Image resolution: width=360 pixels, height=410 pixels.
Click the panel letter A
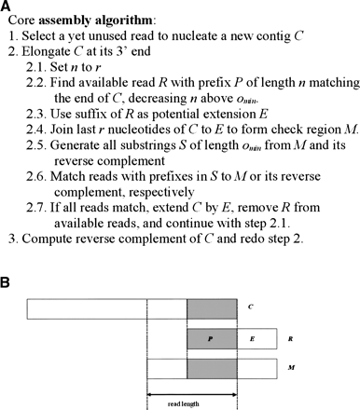coord(7,7)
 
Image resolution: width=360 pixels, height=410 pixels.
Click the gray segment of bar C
coord(212,308)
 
